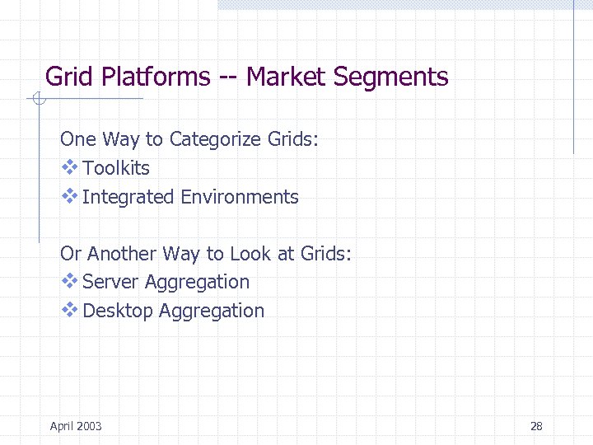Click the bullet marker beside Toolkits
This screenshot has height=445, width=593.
tap(69, 167)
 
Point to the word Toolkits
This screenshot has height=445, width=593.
tap(116, 168)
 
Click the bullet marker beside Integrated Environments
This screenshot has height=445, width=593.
tap(69, 196)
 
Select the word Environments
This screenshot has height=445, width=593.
tap(240, 197)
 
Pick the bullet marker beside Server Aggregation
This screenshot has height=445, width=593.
tap(69, 281)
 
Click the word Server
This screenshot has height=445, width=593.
tap(111, 282)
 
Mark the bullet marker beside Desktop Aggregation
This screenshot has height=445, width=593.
tap(69, 310)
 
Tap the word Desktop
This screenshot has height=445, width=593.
tap(118, 311)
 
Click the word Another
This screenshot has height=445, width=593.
tap(121, 253)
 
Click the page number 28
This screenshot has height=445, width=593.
tap(536, 426)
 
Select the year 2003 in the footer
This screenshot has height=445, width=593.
tap(88, 426)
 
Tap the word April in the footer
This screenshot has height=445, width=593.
tap(60, 426)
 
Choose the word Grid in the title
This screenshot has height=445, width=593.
tap(68, 77)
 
